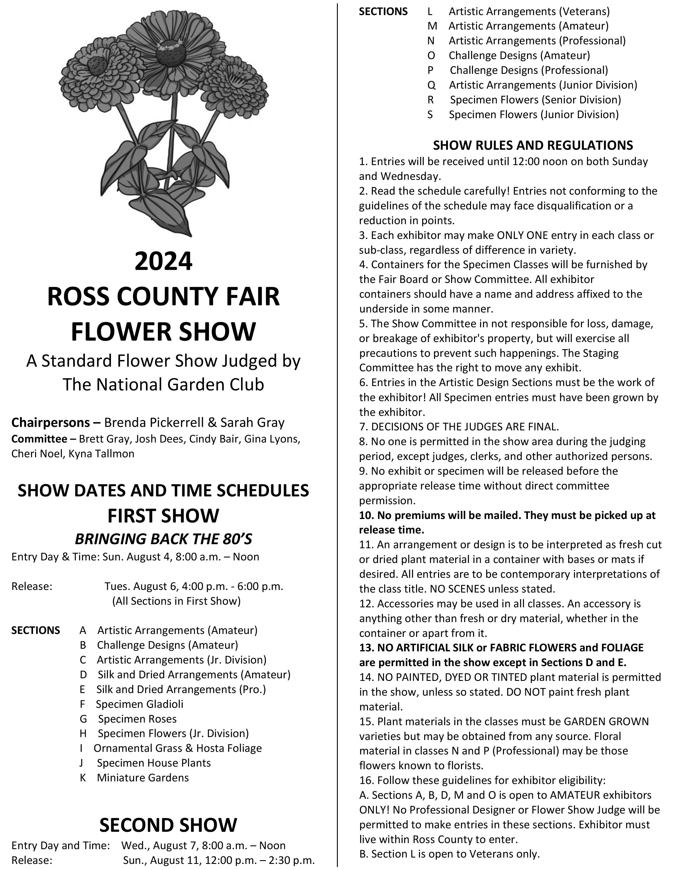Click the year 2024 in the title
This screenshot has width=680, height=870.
[x=163, y=261]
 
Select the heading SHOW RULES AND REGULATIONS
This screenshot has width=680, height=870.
[x=533, y=145]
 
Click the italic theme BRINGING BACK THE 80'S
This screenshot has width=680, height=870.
[x=163, y=539]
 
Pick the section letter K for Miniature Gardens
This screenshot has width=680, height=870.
[x=83, y=777]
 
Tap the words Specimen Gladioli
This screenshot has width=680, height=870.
[x=140, y=704]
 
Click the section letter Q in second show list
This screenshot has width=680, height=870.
[x=431, y=85]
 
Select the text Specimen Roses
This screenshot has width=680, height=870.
[x=137, y=719]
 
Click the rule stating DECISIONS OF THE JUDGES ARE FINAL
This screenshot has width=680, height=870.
[x=459, y=427]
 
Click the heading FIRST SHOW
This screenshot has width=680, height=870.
[x=163, y=516]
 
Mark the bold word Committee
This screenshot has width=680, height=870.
[x=39, y=439]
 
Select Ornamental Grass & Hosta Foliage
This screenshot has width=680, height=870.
[x=178, y=748]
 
